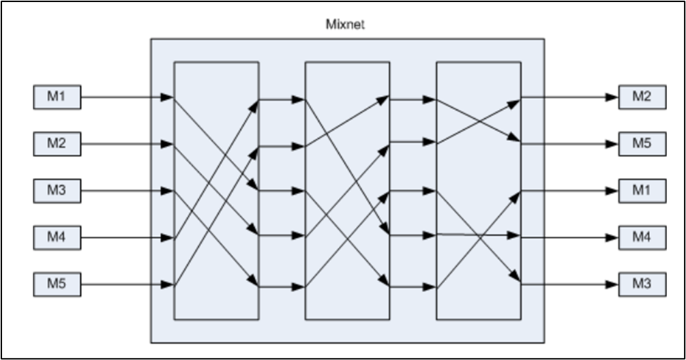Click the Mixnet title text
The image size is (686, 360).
point(346,25)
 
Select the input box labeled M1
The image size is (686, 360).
point(57,97)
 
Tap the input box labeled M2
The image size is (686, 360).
point(57,144)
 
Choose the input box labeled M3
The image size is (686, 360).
point(57,191)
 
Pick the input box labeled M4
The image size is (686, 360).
point(57,238)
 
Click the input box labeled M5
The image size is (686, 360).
point(57,284)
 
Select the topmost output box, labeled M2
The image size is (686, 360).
point(642,97)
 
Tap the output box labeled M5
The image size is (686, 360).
point(642,144)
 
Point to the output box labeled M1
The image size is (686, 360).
point(642,191)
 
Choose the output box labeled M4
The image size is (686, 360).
point(642,237)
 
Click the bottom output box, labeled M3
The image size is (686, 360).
point(642,284)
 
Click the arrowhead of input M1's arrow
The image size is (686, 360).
point(168,97)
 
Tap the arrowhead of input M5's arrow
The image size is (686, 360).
point(168,284)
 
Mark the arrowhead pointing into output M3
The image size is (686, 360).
point(612,284)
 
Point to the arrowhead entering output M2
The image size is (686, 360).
point(612,97)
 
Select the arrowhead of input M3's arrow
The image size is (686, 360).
point(168,191)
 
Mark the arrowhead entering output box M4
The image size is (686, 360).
point(612,237)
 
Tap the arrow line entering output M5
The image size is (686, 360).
point(566,144)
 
